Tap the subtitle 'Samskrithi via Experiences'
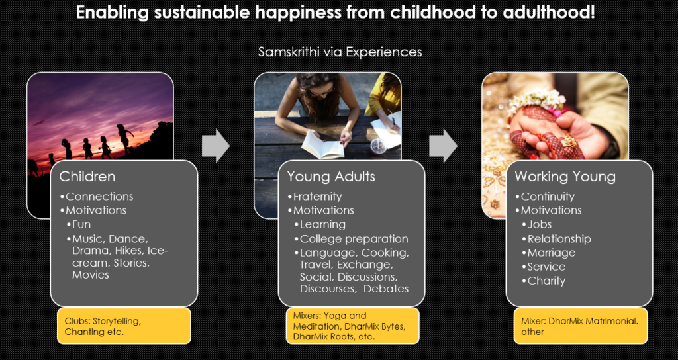(340, 52)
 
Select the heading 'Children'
(87, 176)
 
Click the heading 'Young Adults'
(331, 176)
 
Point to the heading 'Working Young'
(565, 177)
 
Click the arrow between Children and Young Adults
(215, 146)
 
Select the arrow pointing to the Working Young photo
(443, 146)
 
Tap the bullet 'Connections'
(97, 196)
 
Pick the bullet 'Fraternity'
(315, 196)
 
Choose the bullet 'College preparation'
(351, 238)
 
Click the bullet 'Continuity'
(545, 196)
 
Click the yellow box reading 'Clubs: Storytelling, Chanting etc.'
(124, 326)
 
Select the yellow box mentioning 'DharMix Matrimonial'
(580, 326)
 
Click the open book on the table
(322, 145)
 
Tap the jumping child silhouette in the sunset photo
(124, 138)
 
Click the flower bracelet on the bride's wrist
(537, 100)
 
